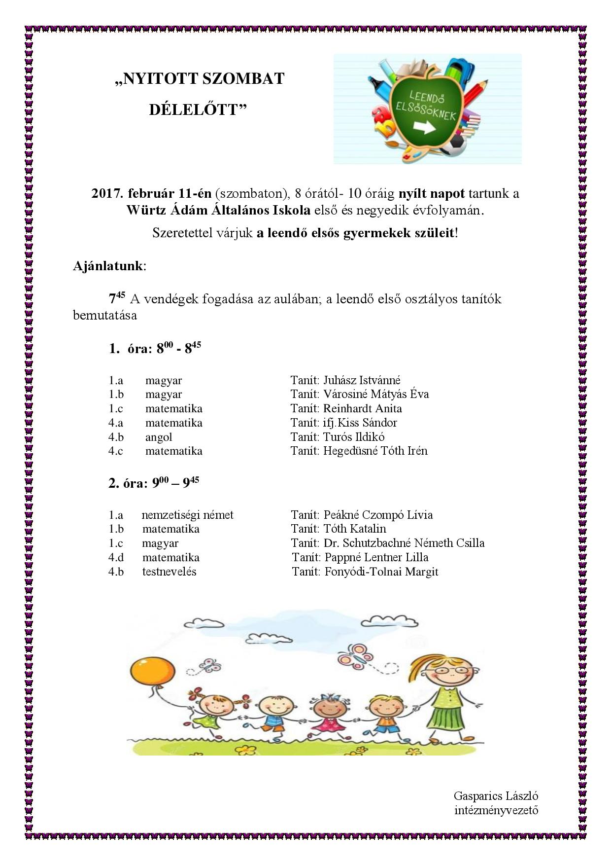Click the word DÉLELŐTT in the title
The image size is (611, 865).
click(x=198, y=109)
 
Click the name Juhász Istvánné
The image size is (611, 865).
click(x=362, y=380)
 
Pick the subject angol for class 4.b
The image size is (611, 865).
click(x=159, y=437)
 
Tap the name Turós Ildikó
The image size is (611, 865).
click(x=354, y=437)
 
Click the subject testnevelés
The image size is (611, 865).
click(x=169, y=572)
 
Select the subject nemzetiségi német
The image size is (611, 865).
click(x=187, y=515)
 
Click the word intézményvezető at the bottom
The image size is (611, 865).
click(x=496, y=810)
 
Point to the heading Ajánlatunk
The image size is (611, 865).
click(x=108, y=266)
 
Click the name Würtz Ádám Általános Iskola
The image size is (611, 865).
click(x=218, y=210)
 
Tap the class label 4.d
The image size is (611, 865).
click(x=116, y=558)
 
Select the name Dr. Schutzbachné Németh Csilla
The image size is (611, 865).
click(x=404, y=543)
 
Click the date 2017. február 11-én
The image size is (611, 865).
click(x=151, y=193)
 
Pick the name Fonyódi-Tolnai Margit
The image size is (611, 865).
click(x=381, y=572)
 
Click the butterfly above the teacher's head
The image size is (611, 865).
click(x=360, y=653)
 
